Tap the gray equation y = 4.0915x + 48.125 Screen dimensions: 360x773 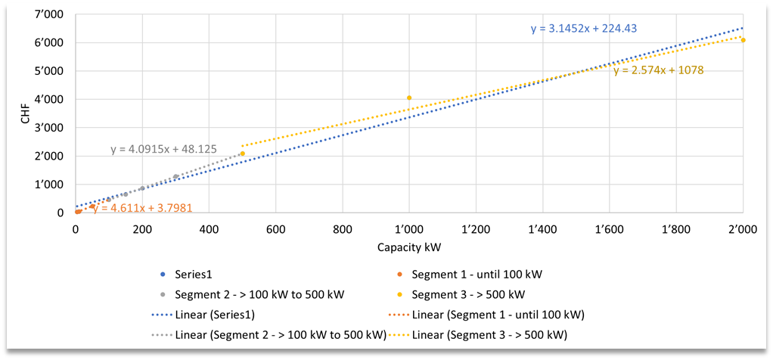(163, 149)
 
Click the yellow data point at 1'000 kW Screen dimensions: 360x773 (409, 98)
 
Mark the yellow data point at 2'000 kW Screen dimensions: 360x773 (743, 40)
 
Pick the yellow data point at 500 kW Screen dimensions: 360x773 (242, 154)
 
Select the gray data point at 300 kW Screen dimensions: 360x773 (175, 177)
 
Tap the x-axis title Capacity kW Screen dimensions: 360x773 (408, 247)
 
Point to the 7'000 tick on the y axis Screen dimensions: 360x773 (51, 14)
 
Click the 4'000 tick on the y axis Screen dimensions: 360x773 (51, 99)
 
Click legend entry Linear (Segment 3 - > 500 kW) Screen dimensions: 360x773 (489, 334)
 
